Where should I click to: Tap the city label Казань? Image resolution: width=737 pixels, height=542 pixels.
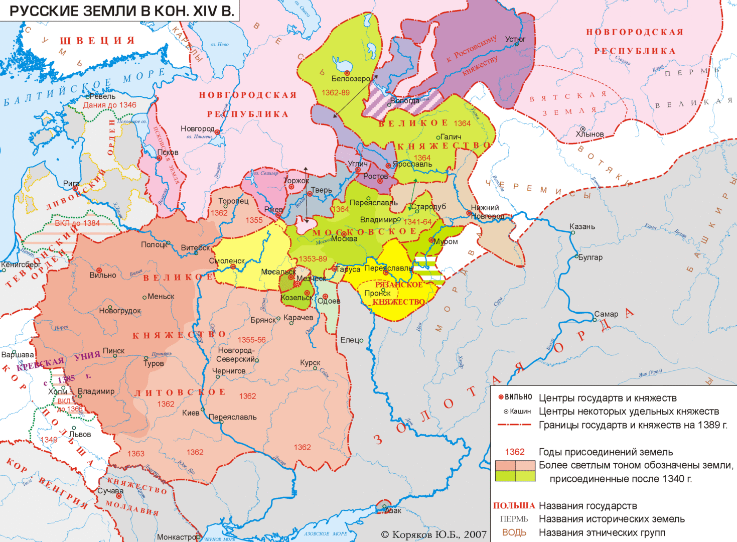[582, 227]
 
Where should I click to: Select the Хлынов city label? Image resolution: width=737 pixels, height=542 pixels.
[589, 134]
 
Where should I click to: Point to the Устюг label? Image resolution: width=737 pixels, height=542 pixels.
[515, 39]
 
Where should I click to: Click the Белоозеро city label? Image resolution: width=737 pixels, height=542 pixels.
[351, 79]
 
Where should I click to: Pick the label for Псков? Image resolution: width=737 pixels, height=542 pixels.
[168, 153]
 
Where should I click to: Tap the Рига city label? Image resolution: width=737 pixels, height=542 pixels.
[71, 184]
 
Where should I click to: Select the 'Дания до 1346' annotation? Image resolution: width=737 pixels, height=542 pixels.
[109, 105]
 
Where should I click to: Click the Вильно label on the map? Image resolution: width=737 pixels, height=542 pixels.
[103, 275]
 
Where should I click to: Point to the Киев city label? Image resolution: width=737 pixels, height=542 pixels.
[191, 413]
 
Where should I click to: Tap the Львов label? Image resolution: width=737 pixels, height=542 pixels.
[80, 434]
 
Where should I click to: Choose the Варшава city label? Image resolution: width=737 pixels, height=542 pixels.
[18, 355]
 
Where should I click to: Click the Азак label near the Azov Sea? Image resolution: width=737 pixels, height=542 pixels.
[393, 511]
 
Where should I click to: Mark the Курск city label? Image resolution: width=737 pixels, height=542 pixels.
[310, 362]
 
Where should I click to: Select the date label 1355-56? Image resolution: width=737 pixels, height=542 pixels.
[252, 340]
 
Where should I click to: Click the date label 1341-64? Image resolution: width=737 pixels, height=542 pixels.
[417, 222]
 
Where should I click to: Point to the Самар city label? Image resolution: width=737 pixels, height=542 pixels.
[606, 314]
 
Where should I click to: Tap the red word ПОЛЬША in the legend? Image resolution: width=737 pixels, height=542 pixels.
[514, 506]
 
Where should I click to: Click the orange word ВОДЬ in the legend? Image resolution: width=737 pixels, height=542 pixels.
[514, 532]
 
